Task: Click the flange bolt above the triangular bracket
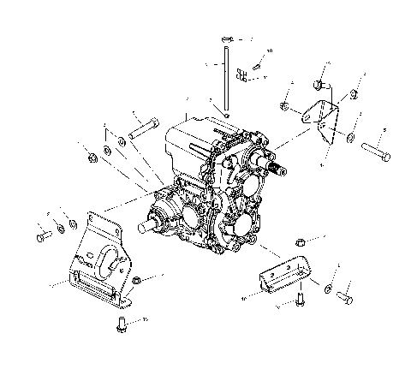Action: coord(319,86)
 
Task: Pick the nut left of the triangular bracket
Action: coord(283,106)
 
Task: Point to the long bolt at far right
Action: coord(378,152)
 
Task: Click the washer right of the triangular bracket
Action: coord(351,136)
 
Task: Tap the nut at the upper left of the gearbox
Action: coord(91,158)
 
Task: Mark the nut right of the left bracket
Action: coord(137,280)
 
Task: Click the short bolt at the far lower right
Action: coord(345,298)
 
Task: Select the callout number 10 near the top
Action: coord(270,51)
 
